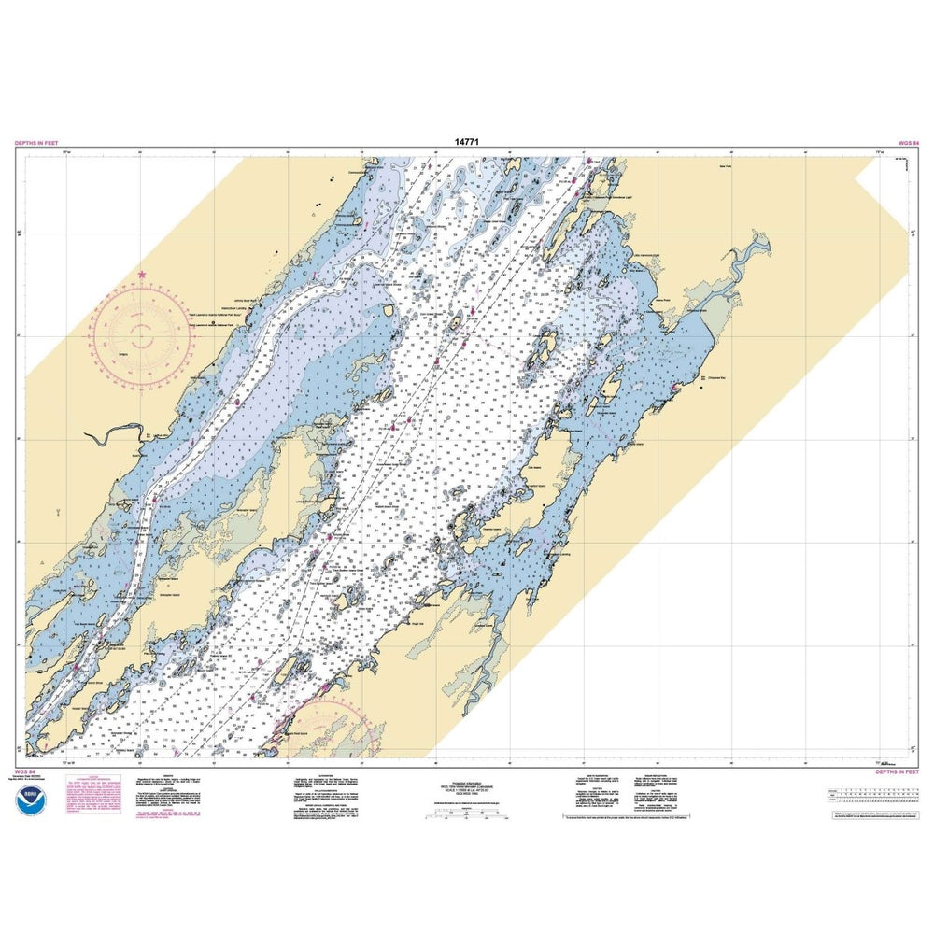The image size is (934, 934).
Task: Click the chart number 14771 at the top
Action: click(467, 142)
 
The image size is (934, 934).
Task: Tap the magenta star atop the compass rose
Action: click(142, 275)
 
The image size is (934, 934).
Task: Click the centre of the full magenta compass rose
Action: click(142, 331)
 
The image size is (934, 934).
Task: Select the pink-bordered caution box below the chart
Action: click(92, 793)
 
